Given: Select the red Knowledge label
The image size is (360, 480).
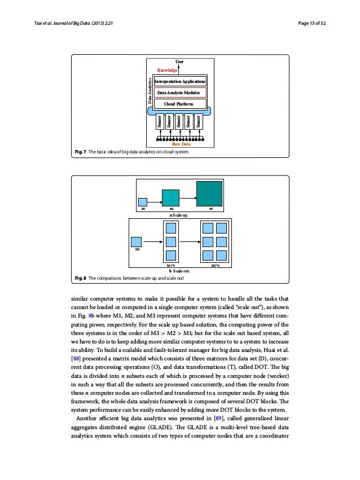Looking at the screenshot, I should click(167, 70).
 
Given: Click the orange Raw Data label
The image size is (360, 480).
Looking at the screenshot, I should click(179, 144).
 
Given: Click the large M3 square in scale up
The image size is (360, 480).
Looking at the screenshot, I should click(209, 193).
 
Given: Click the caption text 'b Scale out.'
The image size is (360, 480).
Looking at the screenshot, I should click(179, 270).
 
